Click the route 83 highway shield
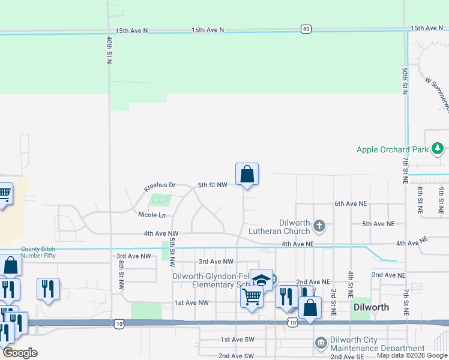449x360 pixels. click(x=306, y=29)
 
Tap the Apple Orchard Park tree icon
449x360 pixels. click(x=439, y=149)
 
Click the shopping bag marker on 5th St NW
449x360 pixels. click(x=247, y=175)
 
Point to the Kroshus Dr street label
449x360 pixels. click(x=159, y=187)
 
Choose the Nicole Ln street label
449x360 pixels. click(x=151, y=215)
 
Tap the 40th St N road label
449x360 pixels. click(x=109, y=51)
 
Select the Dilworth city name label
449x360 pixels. click(x=371, y=307)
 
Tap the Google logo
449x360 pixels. click(x=20, y=353)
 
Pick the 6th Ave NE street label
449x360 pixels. click(x=350, y=204)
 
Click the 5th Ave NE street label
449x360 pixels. click(x=378, y=224)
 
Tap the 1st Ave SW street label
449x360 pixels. click(x=238, y=340)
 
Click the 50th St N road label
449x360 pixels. click(x=405, y=81)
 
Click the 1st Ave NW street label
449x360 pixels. click(x=191, y=303)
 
